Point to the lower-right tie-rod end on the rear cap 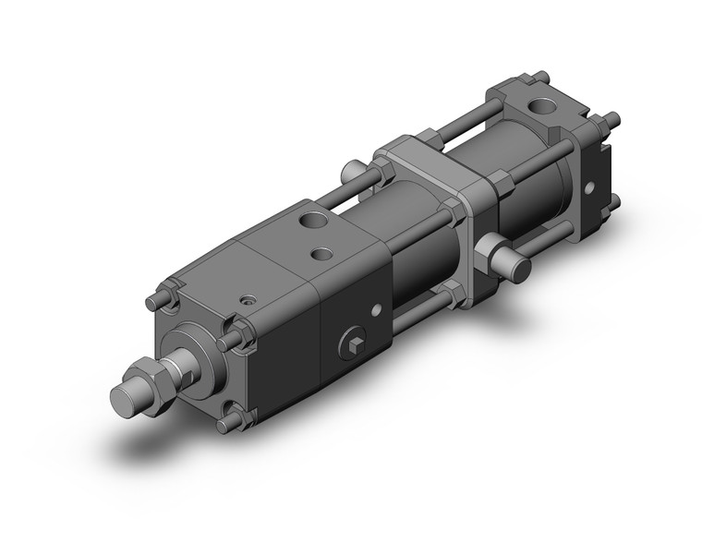tap(612, 197)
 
